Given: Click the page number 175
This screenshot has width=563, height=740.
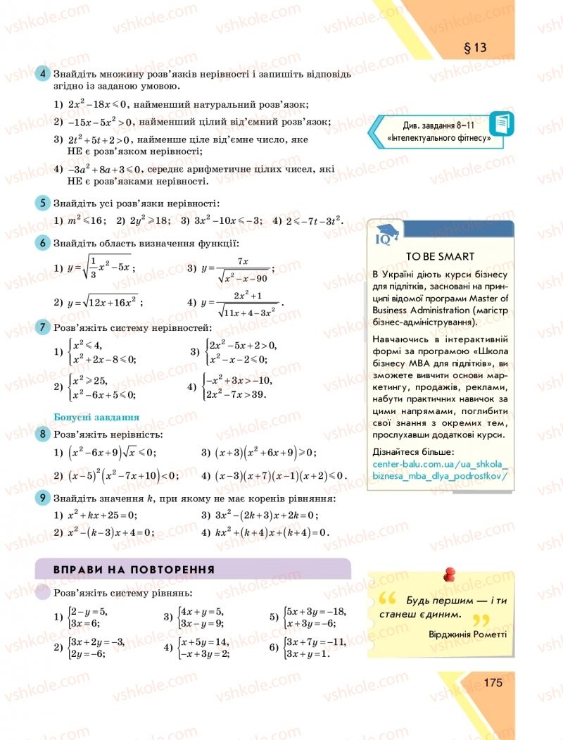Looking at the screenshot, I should click(x=493, y=682).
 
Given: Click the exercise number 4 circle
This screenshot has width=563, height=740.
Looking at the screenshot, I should click(x=43, y=74).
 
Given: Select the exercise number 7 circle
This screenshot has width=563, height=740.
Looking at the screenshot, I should click(x=43, y=327).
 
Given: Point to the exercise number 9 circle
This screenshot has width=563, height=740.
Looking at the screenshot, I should click(x=43, y=498).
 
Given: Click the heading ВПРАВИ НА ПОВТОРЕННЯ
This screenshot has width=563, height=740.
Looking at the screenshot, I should click(x=134, y=569).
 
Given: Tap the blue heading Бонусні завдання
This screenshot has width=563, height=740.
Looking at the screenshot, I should click(x=96, y=416).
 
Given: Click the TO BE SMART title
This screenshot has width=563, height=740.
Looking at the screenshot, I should click(x=441, y=256).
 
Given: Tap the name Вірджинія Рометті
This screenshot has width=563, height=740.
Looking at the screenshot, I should click(x=467, y=633).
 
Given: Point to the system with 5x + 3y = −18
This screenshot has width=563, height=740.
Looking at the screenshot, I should click(x=309, y=617).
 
